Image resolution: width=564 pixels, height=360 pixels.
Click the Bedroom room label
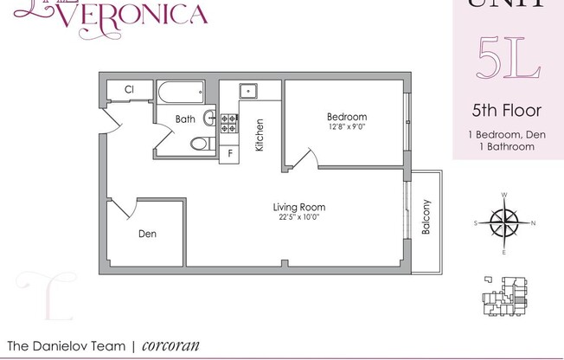tap(346, 117)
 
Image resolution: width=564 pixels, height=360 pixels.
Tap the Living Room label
tap(298, 207)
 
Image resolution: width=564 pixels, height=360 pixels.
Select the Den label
tap(148, 234)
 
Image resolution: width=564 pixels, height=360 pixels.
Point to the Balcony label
tap(426, 219)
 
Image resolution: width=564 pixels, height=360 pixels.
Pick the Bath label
tap(185, 119)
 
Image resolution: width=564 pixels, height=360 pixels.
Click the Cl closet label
tap(129, 89)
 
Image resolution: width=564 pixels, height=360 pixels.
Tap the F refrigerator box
tap(230, 154)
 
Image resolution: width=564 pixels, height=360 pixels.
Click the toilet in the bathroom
tap(197, 144)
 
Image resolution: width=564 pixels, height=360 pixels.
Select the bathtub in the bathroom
tap(180, 91)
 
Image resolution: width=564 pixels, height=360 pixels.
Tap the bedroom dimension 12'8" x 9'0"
tap(346, 128)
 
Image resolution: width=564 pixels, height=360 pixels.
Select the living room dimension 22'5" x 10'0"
tap(298, 217)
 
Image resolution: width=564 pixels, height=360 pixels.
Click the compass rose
tap(503, 223)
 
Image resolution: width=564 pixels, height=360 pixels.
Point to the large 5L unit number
tap(509, 61)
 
